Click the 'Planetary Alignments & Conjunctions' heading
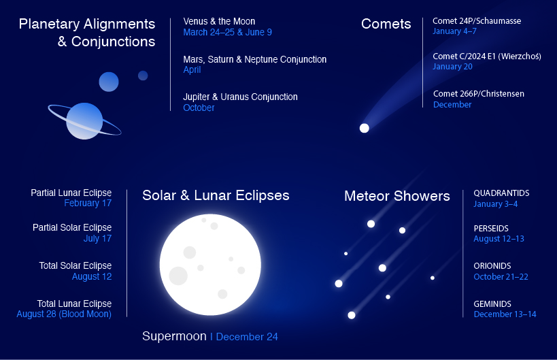pos(87,33)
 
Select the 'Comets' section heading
pos(386,24)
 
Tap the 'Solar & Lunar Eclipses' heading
pos(216,195)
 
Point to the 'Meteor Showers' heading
pos(396,196)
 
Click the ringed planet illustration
pos(84,120)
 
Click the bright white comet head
pos(364,128)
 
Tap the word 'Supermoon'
pos(173,336)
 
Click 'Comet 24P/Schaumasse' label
pos(476,21)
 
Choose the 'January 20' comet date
pos(452,67)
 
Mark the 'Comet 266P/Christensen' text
pos(478,94)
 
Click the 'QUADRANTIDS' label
pos(501,193)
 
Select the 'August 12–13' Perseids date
pos(499,239)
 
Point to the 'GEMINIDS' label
pos(492,304)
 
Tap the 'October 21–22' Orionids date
pos(501,276)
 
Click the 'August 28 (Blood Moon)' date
pos(64,314)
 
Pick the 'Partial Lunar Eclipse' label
pos(71,193)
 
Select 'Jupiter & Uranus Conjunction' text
pos(240,97)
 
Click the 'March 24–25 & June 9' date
pos(227,32)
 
